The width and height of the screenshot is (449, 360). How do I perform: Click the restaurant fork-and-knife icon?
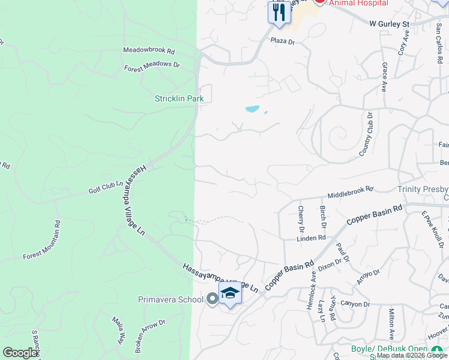pos(278,13)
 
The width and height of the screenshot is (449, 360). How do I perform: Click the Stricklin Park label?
pos(179,98)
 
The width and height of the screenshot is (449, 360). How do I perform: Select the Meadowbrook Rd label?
pos(149,52)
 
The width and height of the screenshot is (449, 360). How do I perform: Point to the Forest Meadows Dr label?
pos(152,66)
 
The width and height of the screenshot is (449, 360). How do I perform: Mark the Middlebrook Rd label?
pos(351,193)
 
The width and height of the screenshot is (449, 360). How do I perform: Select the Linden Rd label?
pos(311,238)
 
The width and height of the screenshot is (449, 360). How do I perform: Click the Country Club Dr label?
pos(366,134)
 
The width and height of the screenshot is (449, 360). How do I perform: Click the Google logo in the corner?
pos(20,353)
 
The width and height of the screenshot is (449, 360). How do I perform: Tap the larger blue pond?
pos(252,109)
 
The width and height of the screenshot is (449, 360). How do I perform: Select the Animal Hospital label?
pos(359,3)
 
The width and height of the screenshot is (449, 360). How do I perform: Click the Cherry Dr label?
pos(301,219)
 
